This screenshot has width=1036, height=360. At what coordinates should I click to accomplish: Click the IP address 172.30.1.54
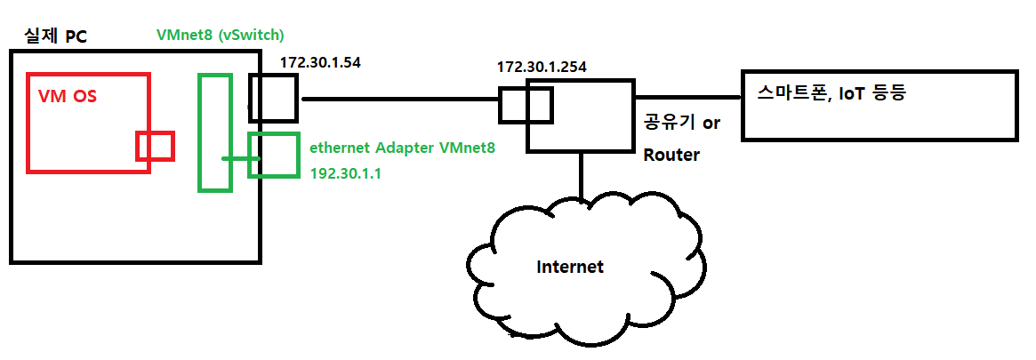[x=320, y=63]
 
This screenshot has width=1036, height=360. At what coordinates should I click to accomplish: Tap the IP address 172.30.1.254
[x=542, y=67]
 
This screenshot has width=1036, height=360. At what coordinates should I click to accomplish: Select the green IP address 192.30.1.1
[x=345, y=174]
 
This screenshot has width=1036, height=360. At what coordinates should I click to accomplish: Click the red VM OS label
[x=67, y=96]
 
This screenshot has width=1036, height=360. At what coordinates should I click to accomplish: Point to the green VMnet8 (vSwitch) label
[x=220, y=36]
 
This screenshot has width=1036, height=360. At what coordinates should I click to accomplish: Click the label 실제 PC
[x=54, y=37]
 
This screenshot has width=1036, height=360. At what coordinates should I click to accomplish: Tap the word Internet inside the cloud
[x=570, y=267]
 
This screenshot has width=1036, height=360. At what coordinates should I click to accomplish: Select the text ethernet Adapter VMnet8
[x=402, y=148]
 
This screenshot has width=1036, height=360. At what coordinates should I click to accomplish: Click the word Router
[x=671, y=155]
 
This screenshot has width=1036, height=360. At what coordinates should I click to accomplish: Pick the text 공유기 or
[x=681, y=123]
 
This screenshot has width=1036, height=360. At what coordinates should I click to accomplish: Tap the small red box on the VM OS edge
[x=155, y=146]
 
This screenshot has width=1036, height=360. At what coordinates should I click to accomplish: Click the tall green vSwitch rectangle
[x=214, y=132]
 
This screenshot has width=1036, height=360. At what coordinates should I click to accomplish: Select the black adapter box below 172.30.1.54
[x=272, y=98]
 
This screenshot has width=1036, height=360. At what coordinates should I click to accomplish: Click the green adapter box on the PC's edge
[x=273, y=156]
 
